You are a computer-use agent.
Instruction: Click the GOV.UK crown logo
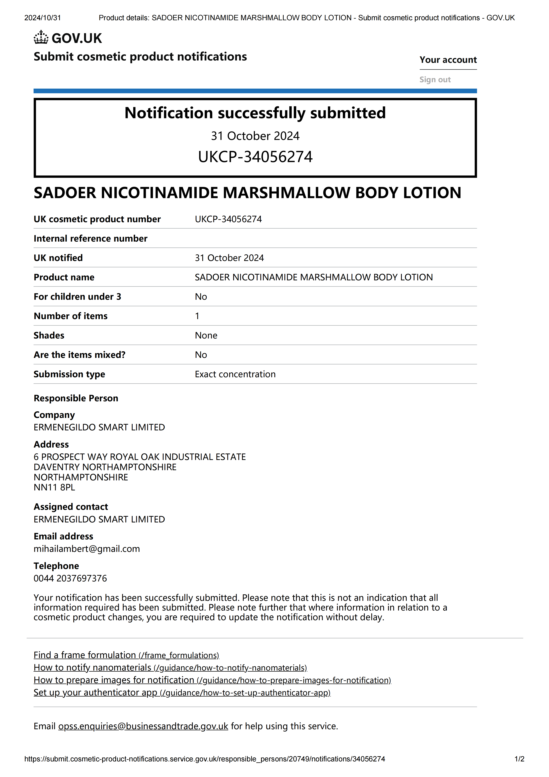point(41,38)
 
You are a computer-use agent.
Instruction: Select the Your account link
point(448,60)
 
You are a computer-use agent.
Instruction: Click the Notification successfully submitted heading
point(255,113)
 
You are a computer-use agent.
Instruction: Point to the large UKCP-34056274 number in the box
point(255,157)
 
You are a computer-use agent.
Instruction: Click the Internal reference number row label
point(90,239)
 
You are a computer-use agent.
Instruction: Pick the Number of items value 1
point(197,316)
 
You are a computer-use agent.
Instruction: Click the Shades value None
point(206,335)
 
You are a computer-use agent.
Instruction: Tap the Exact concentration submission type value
point(235,374)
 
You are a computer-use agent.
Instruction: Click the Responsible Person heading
point(76,398)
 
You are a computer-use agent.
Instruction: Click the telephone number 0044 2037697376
point(70,578)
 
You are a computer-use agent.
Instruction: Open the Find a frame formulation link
point(126,655)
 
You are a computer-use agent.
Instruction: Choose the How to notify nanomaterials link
point(170,668)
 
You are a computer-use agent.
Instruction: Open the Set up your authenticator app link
point(182,693)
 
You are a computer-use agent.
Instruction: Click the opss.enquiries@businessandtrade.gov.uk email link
point(143,726)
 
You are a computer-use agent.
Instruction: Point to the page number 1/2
point(519,759)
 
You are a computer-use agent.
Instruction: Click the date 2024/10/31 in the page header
point(43,18)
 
